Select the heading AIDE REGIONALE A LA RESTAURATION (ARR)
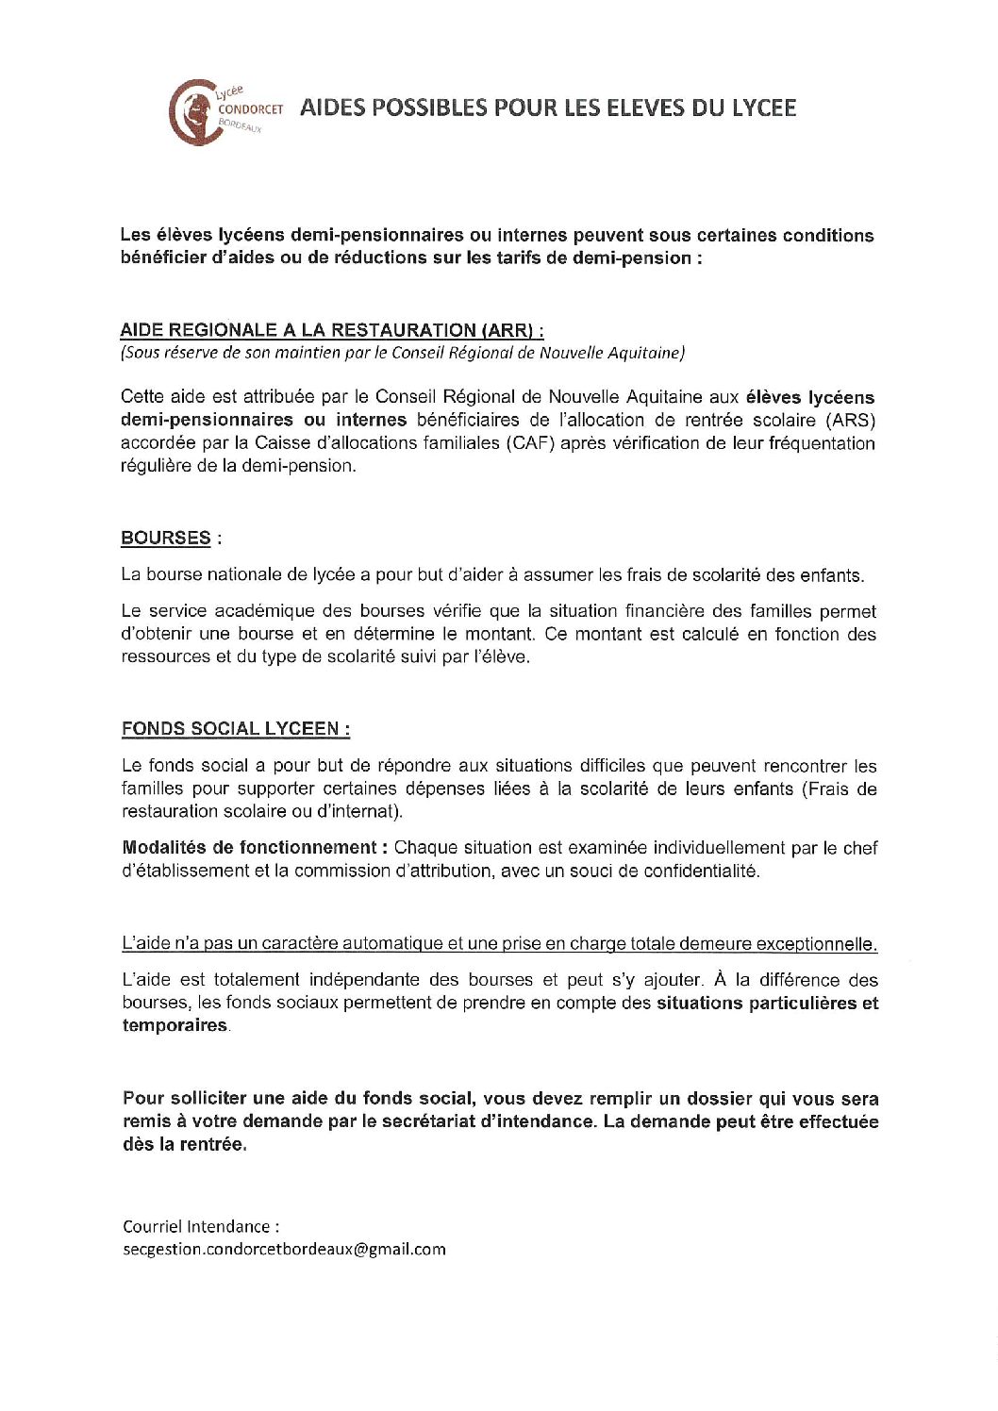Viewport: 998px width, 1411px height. (331, 330)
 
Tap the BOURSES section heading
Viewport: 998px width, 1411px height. (166, 538)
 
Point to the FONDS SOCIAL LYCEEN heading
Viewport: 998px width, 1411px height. (235, 728)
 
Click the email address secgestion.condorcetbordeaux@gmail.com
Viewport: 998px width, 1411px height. (284, 1249)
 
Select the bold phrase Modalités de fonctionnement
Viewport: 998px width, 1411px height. (250, 847)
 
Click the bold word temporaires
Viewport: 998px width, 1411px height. (175, 1025)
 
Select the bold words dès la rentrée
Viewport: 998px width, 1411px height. (184, 1144)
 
